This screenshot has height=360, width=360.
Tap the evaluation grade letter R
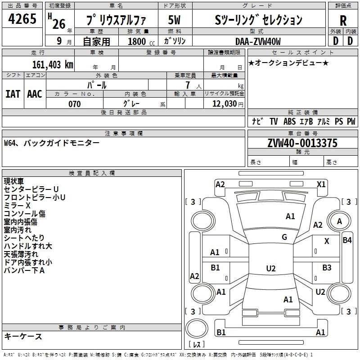(x=343, y=21)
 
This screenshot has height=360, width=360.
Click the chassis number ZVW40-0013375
(x=302, y=143)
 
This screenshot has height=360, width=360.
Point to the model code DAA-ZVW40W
(x=257, y=41)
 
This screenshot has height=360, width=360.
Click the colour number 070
(x=74, y=104)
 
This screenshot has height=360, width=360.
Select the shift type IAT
(x=13, y=94)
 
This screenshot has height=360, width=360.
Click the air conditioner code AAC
(x=35, y=94)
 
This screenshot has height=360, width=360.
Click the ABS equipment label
(x=290, y=121)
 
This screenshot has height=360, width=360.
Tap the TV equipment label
(x=274, y=121)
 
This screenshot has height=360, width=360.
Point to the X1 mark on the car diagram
(x=321, y=184)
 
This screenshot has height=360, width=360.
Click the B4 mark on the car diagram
(x=347, y=240)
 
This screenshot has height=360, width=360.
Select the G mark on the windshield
(x=284, y=237)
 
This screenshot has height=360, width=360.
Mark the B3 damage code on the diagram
(x=327, y=268)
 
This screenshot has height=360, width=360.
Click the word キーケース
(x=23, y=337)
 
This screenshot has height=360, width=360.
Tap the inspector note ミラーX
(x=17, y=205)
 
